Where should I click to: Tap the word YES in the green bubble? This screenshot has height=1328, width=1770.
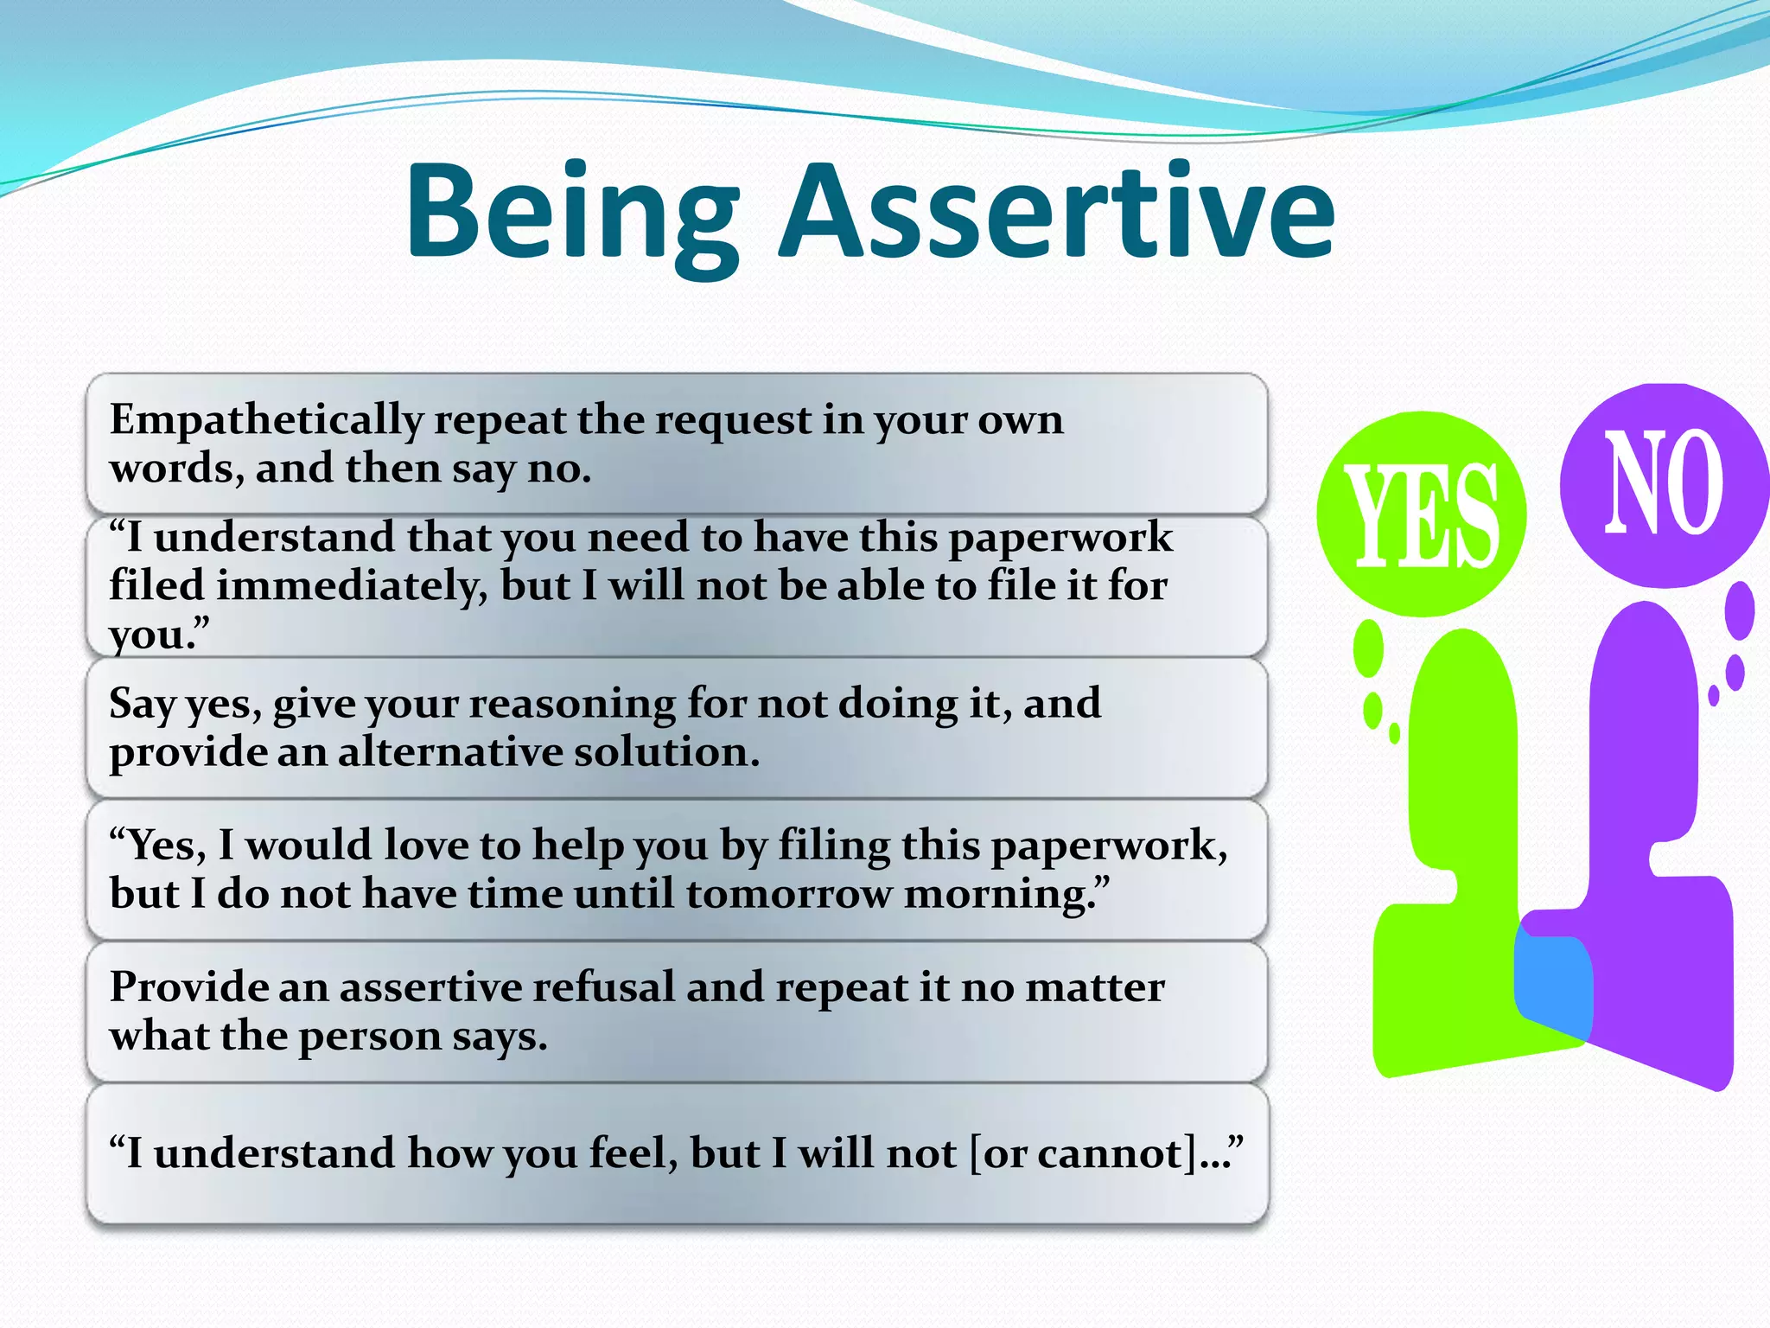[x=1422, y=515]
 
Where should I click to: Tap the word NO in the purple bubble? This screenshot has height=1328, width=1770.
[x=1664, y=483]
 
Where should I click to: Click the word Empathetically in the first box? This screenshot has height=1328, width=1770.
[x=266, y=421]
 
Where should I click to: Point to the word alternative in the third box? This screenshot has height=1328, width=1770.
[x=450, y=752]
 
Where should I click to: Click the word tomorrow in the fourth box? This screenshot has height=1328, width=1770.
[x=788, y=894]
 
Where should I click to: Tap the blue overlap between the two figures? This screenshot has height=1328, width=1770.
[x=1553, y=987]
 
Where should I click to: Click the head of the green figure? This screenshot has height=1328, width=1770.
[x=1462, y=692]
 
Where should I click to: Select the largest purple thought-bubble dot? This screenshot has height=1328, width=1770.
[x=1739, y=610]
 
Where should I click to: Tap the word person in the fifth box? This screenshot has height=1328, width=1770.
[x=369, y=1037]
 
